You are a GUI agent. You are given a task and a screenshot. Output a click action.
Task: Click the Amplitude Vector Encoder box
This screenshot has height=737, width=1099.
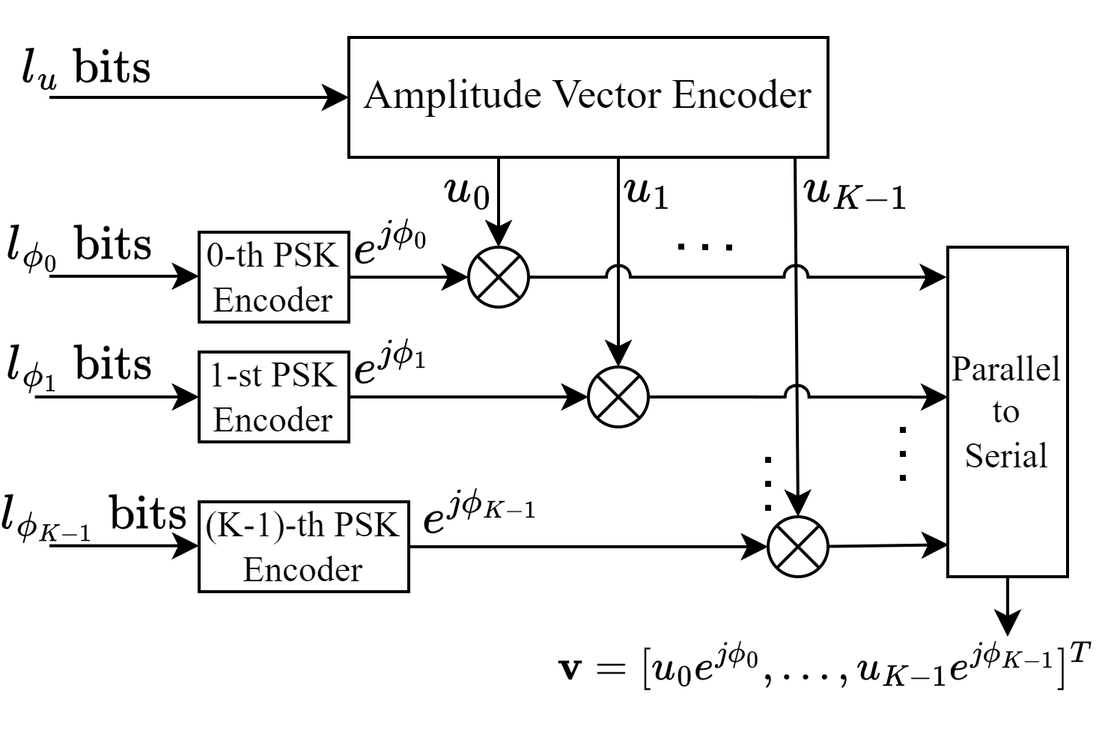click(x=588, y=97)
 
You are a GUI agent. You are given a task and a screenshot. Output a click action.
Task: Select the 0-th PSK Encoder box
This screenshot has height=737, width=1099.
click(x=273, y=277)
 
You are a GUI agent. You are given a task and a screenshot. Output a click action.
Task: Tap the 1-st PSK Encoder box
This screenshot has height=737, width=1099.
click(x=273, y=397)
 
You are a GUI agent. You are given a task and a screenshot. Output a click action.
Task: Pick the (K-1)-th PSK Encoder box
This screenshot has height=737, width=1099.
click(x=303, y=547)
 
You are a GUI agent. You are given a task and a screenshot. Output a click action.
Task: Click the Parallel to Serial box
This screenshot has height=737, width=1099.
click(x=1007, y=411)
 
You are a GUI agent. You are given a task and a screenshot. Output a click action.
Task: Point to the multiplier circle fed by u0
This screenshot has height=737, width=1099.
click(x=499, y=277)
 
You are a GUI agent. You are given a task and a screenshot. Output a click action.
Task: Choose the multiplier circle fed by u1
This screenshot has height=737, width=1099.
click(x=618, y=397)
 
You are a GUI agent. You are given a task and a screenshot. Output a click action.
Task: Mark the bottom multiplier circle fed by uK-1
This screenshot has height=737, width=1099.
click(x=798, y=547)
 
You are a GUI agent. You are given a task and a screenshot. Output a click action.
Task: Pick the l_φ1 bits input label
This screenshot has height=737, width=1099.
click(x=79, y=367)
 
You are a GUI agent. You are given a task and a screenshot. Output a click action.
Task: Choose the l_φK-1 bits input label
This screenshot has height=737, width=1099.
click(x=93, y=517)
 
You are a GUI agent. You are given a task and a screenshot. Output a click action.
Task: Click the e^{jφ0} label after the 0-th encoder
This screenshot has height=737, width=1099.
click(x=389, y=247)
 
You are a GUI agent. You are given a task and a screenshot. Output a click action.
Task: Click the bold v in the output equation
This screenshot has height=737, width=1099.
click(x=570, y=667)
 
